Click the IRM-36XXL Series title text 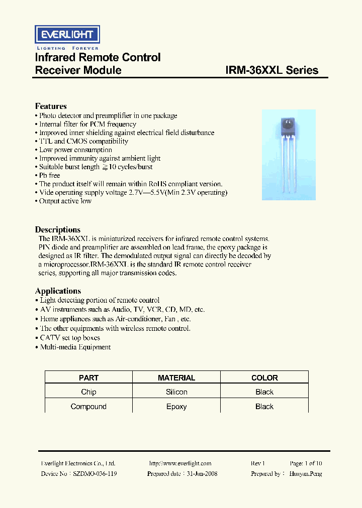click(x=271, y=70)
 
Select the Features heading click(x=51, y=106)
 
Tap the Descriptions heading click(x=58, y=229)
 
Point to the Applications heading click(x=58, y=291)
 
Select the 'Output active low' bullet click(x=65, y=201)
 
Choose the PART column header click(x=88, y=377)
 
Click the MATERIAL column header click(x=176, y=377)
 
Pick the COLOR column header click(x=264, y=377)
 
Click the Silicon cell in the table click(x=176, y=392)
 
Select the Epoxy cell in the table click(x=176, y=407)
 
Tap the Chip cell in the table click(x=88, y=392)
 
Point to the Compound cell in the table click(x=88, y=407)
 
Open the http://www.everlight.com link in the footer click(x=180, y=463)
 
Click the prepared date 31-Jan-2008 click(x=201, y=473)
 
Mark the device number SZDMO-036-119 click(x=95, y=473)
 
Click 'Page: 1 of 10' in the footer click(x=306, y=463)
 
